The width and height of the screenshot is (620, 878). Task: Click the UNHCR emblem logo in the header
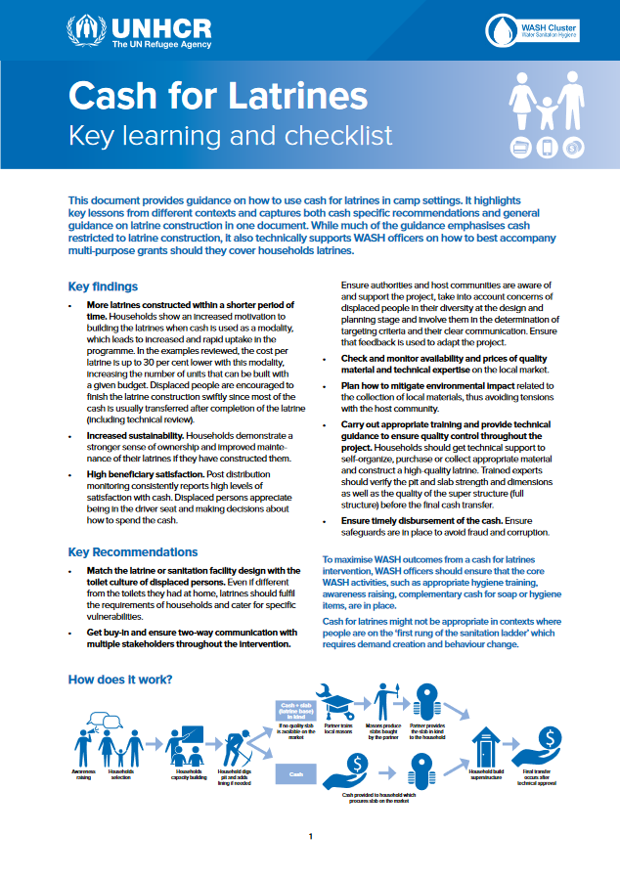(x=85, y=32)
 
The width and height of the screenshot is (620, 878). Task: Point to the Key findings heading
(x=103, y=286)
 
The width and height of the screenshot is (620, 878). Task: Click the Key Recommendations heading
(x=133, y=551)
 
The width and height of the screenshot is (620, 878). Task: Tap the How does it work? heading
(x=121, y=680)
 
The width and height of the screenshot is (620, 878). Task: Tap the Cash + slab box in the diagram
(x=296, y=711)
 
